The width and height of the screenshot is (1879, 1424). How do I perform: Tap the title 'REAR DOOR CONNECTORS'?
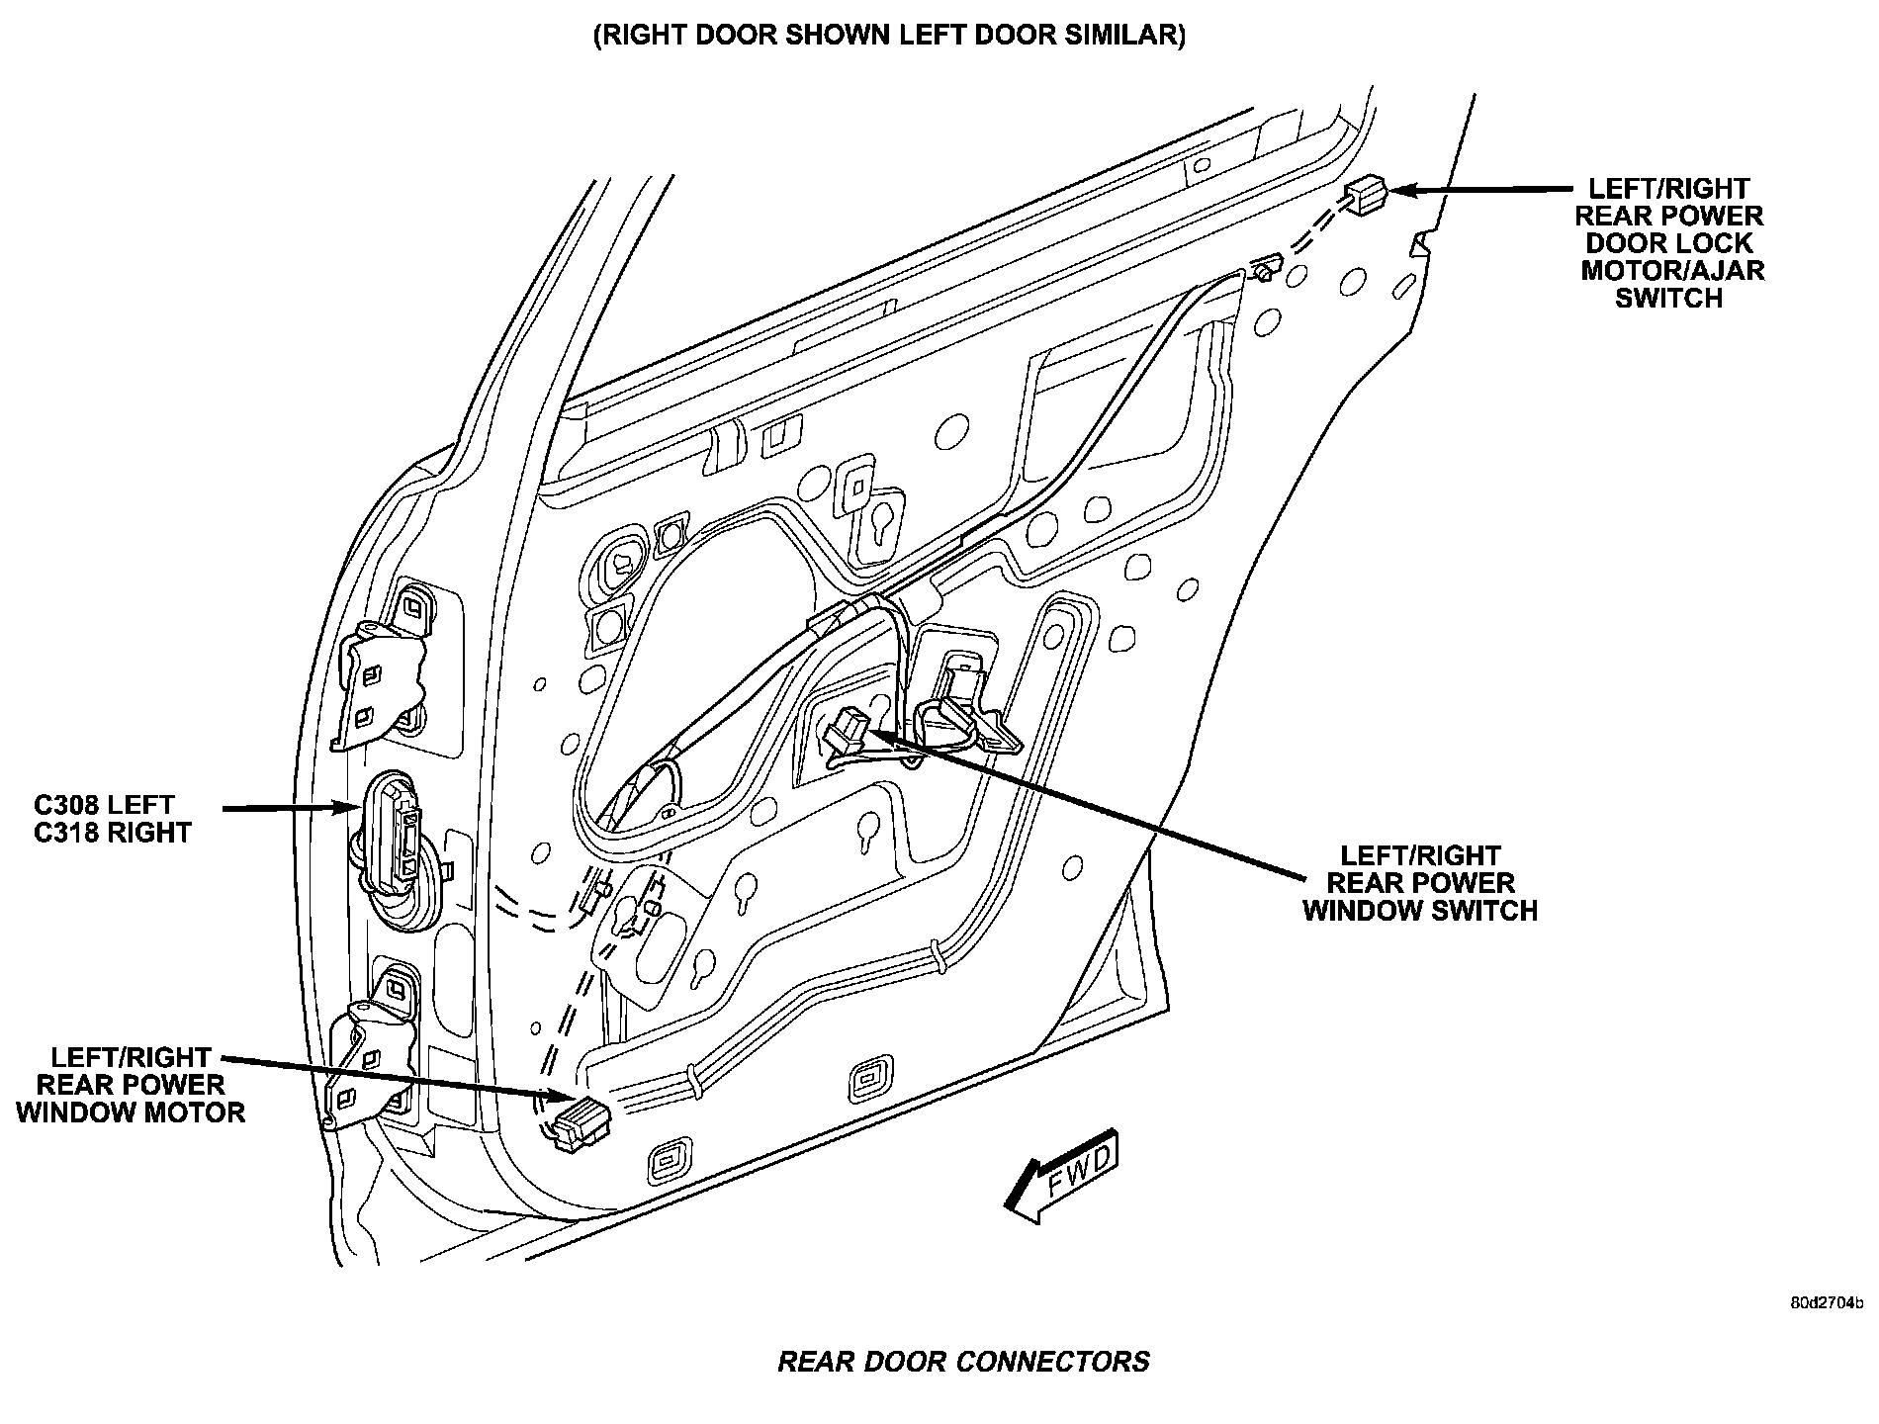click(x=963, y=1362)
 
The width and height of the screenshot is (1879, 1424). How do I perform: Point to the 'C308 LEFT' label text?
click(x=104, y=805)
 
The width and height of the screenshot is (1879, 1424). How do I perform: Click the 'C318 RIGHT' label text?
click(x=112, y=833)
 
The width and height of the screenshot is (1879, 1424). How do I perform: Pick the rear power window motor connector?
click(x=582, y=1122)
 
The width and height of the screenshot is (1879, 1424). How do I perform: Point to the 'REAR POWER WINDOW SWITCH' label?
click(x=1420, y=883)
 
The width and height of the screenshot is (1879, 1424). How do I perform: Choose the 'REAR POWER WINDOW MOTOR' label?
click(x=131, y=1085)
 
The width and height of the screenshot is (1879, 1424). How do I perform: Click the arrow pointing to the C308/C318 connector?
click(x=292, y=809)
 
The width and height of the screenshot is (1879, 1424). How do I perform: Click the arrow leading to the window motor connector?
click(x=396, y=1075)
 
